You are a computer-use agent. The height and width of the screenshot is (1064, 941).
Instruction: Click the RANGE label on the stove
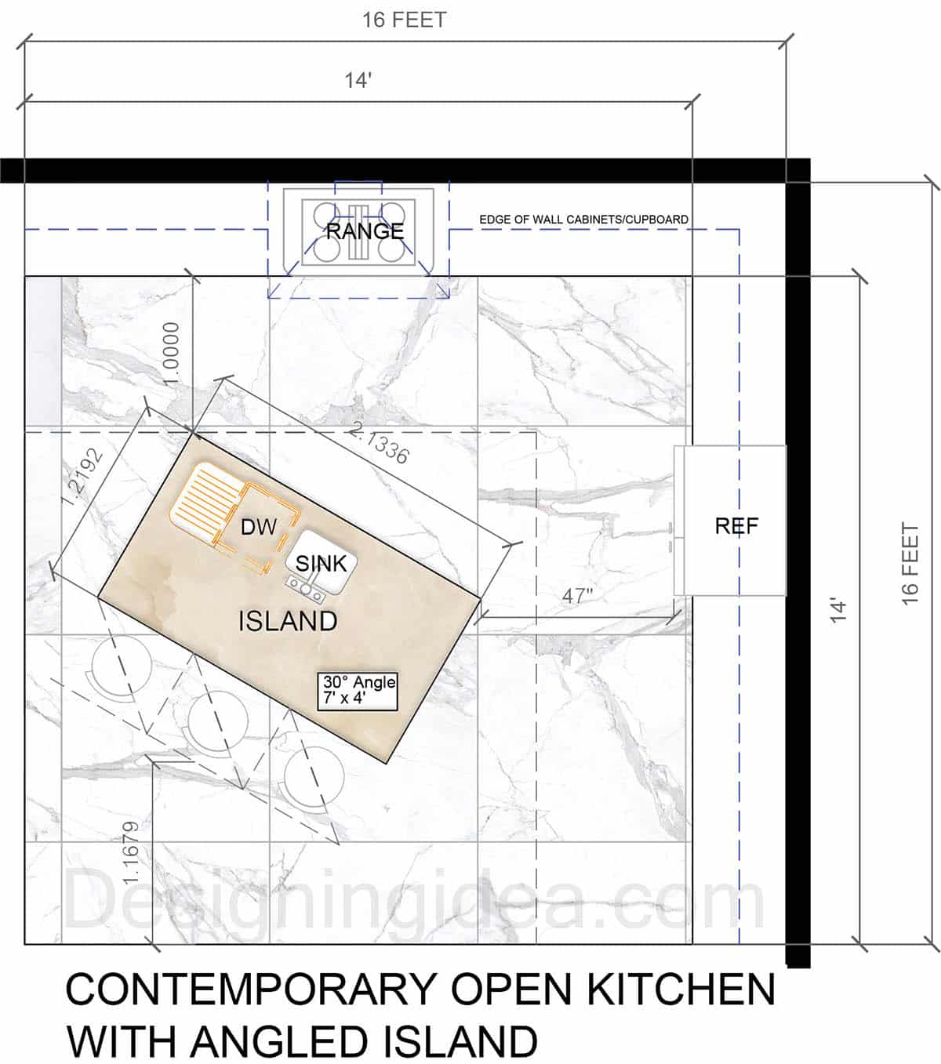coord(365,231)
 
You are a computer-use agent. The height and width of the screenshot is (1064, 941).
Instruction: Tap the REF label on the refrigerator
coord(736,526)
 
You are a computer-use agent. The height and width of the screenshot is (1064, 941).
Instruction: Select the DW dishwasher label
coord(258,527)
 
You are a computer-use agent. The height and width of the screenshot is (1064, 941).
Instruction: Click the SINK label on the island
coord(322,563)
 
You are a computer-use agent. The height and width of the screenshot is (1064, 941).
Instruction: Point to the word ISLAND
coord(288,621)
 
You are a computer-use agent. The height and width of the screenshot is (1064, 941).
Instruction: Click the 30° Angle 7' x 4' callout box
coord(358,691)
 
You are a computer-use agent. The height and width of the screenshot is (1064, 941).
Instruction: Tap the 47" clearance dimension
coord(577,597)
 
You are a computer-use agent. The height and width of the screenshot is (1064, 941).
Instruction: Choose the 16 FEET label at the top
coord(404,20)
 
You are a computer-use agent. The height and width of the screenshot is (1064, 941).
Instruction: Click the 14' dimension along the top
coord(358,81)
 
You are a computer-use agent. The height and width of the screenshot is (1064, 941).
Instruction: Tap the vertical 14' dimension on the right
coord(838,611)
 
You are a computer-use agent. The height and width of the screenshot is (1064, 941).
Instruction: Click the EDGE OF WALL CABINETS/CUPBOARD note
coord(583,220)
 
